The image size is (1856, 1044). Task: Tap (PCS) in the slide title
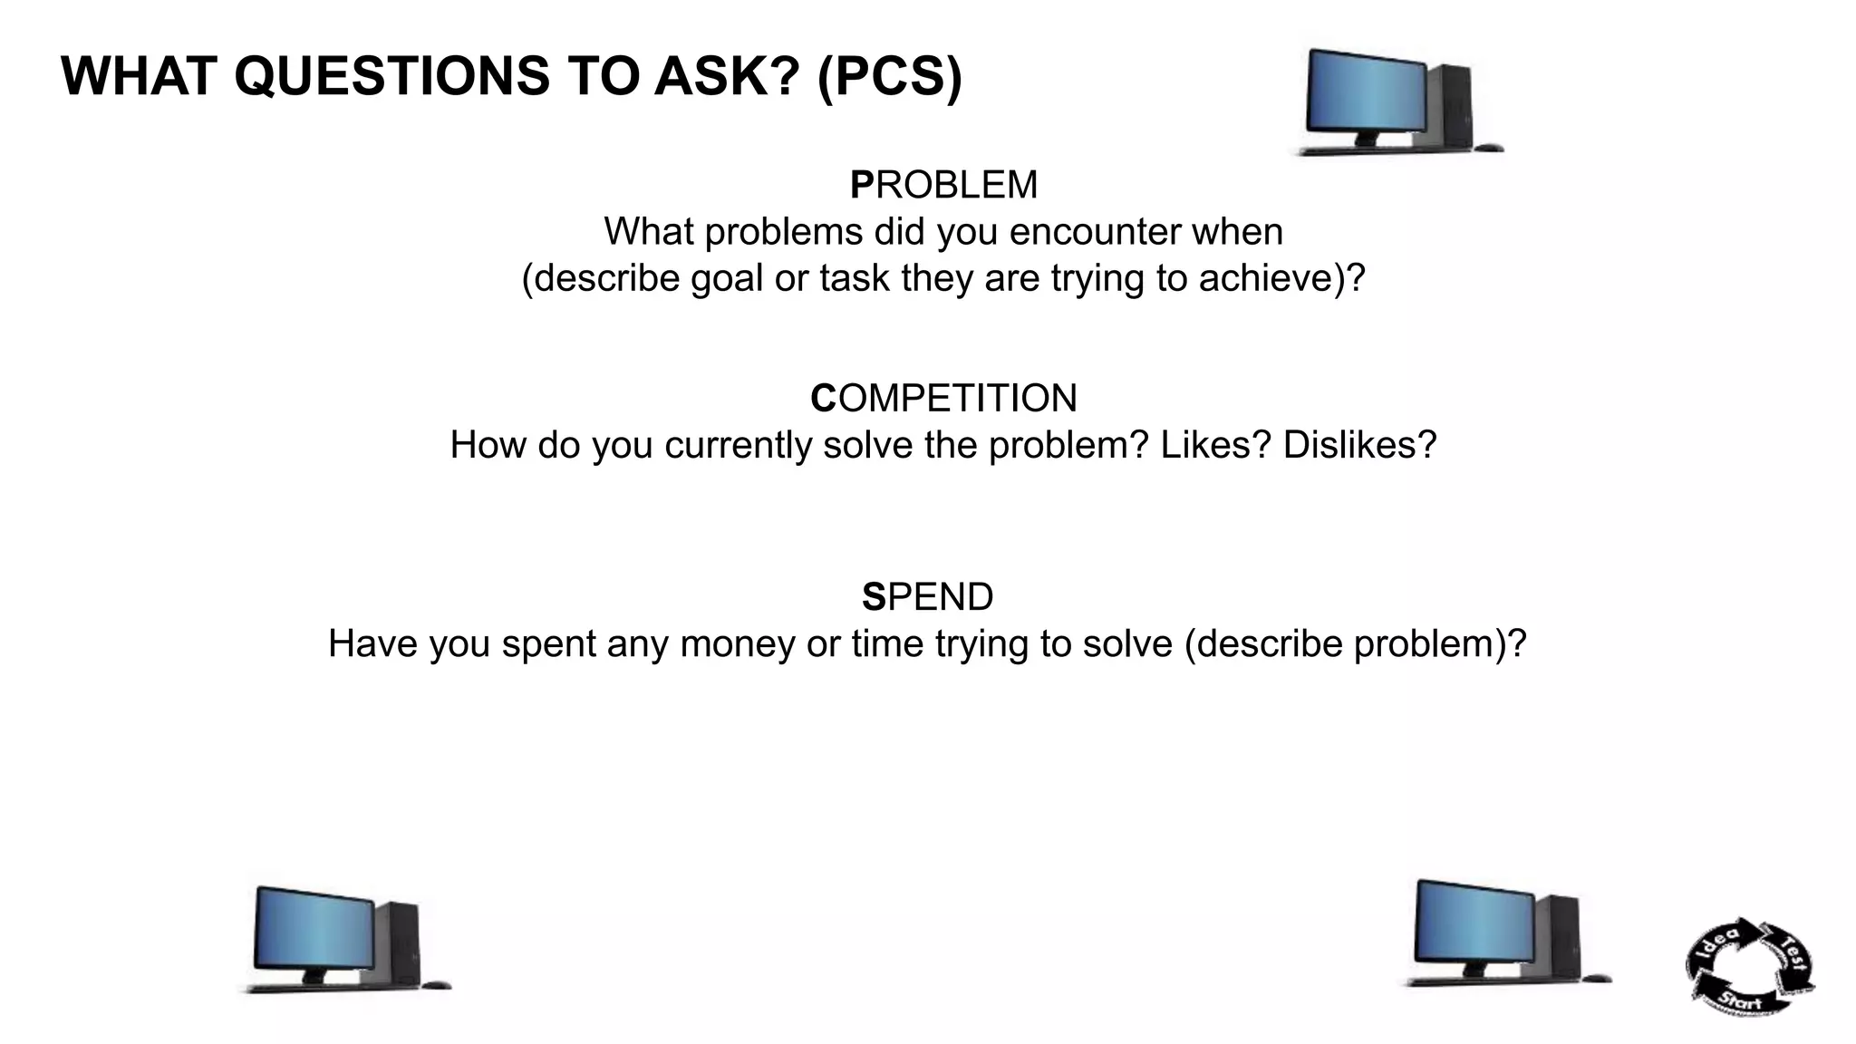pos(889,76)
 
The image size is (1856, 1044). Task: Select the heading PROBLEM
pos(943,185)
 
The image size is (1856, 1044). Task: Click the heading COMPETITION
pos(943,399)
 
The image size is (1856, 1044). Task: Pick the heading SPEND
pos(927,597)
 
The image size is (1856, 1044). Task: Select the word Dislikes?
pos(1359,445)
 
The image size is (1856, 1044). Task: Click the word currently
pos(738,445)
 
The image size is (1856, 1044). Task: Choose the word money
pos(737,644)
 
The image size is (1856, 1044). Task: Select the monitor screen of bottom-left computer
pos(314,929)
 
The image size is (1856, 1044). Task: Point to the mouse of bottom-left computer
pos(437,985)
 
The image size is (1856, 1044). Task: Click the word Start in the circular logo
pos(1740,1001)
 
